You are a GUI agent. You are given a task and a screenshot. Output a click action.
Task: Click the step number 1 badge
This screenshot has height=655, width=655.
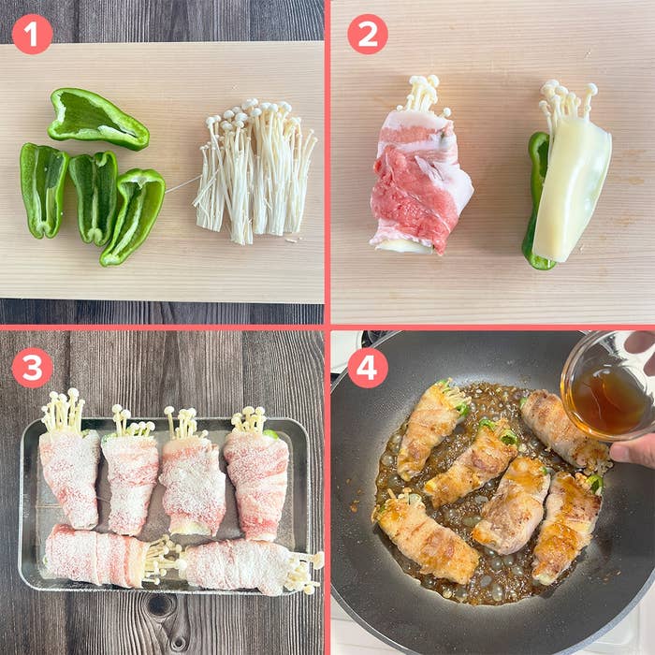pyautogui.click(x=33, y=35)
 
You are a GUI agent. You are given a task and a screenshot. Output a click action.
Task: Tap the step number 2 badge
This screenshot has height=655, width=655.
pyautogui.click(x=368, y=35)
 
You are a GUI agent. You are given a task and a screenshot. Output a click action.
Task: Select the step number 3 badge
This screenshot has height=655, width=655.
pyautogui.click(x=33, y=368)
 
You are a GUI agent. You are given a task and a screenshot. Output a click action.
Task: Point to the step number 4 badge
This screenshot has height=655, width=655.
pyautogui.click(x=368, y=368)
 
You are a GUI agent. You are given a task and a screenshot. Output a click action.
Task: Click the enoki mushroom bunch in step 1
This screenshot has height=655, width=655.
pyautogui.click(x=255, y=171)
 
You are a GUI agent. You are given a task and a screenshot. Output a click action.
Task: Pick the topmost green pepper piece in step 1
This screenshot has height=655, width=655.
pyautogui.click(x=98, y=119)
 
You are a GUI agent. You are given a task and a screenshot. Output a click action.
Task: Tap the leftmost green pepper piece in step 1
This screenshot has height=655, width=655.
pyautogui.click(x=44, y=190)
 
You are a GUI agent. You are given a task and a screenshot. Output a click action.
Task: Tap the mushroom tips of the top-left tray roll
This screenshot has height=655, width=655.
pyautogui.click(x=63, y=412)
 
